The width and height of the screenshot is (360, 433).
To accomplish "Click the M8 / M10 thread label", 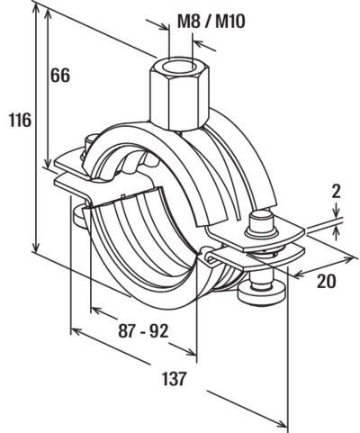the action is click(x=211, y=22).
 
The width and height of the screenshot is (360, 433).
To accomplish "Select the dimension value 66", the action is click(x=60, y=75).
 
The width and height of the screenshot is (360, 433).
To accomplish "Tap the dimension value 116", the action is click(x=20, y=120).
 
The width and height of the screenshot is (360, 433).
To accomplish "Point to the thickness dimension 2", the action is click(x=337, y=192).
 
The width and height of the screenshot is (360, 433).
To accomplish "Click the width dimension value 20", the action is click(x=327, y=281).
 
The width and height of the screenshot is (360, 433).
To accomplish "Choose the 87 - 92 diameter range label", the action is click(x=143, y=331).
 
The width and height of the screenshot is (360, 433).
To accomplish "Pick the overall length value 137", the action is click(x=175, y=379).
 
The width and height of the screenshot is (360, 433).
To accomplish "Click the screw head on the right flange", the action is click(x=261, y=224).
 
